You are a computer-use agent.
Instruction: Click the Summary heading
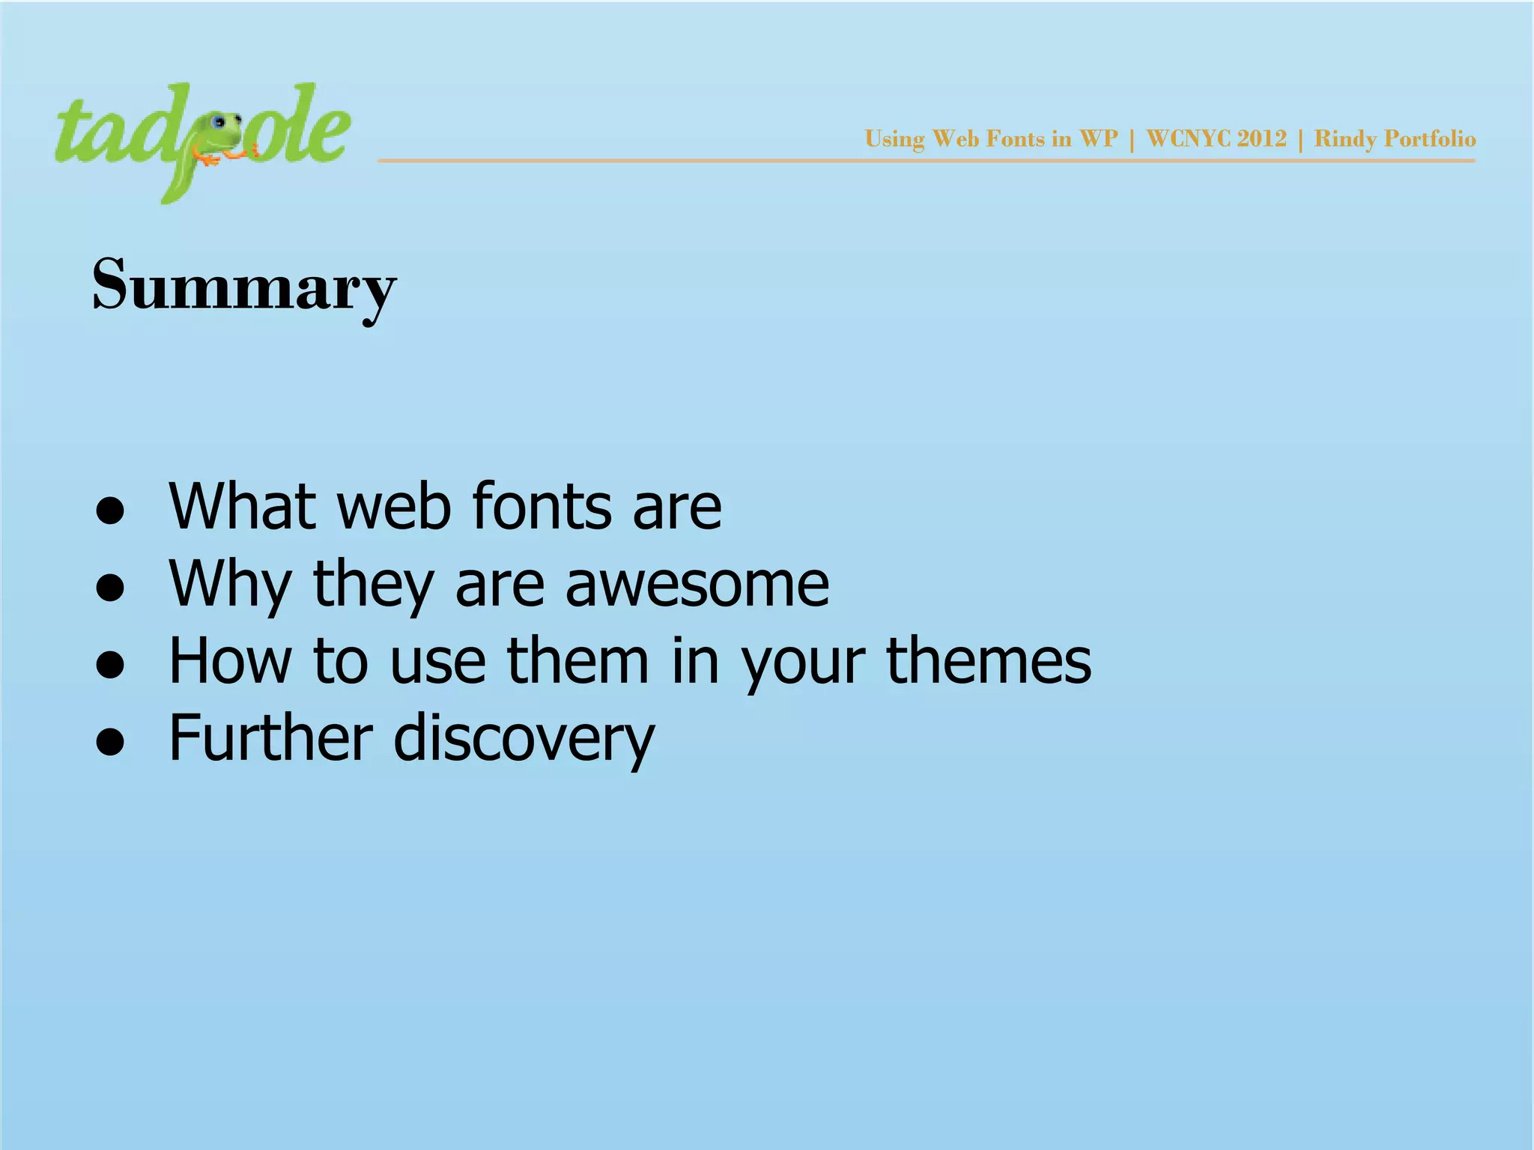(x=243, y=286)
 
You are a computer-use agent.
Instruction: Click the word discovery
(x=524, y=739)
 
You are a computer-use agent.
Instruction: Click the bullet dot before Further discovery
(x=110, y=742)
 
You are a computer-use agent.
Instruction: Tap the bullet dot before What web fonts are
(x=110, y=511)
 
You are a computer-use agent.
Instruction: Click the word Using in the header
(x=894, y=139)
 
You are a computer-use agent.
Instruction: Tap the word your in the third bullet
(x=802, y=663)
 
